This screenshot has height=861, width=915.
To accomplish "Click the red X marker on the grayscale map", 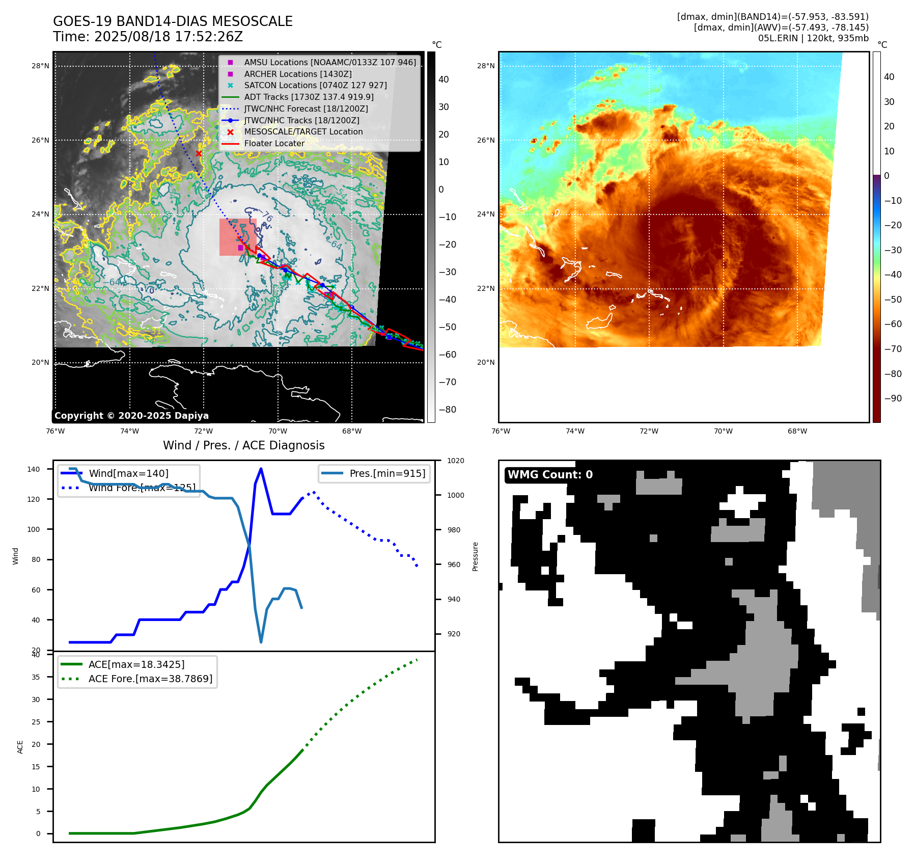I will tap(199, 153).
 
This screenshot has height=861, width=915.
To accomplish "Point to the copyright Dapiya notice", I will tap(131, 416).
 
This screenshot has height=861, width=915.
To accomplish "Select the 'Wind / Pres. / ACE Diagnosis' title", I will tap(243, 445).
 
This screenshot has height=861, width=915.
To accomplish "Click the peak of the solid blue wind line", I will tap(261, 469).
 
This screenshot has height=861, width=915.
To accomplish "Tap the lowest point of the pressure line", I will tap(261, 642).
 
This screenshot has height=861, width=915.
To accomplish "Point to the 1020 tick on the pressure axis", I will tap(455, 461).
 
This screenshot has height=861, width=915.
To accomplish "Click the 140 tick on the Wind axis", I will tap(34, 469).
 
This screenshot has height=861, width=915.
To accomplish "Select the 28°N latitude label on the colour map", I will tap(485, 66).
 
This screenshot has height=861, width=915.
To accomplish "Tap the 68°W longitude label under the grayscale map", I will tap(352, 432).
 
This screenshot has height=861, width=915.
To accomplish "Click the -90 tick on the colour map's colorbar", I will tap(893, 398).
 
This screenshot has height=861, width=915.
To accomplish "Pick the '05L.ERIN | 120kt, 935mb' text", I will tap(813, 38).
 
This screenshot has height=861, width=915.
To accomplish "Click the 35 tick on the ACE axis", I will tap(36, 677).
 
